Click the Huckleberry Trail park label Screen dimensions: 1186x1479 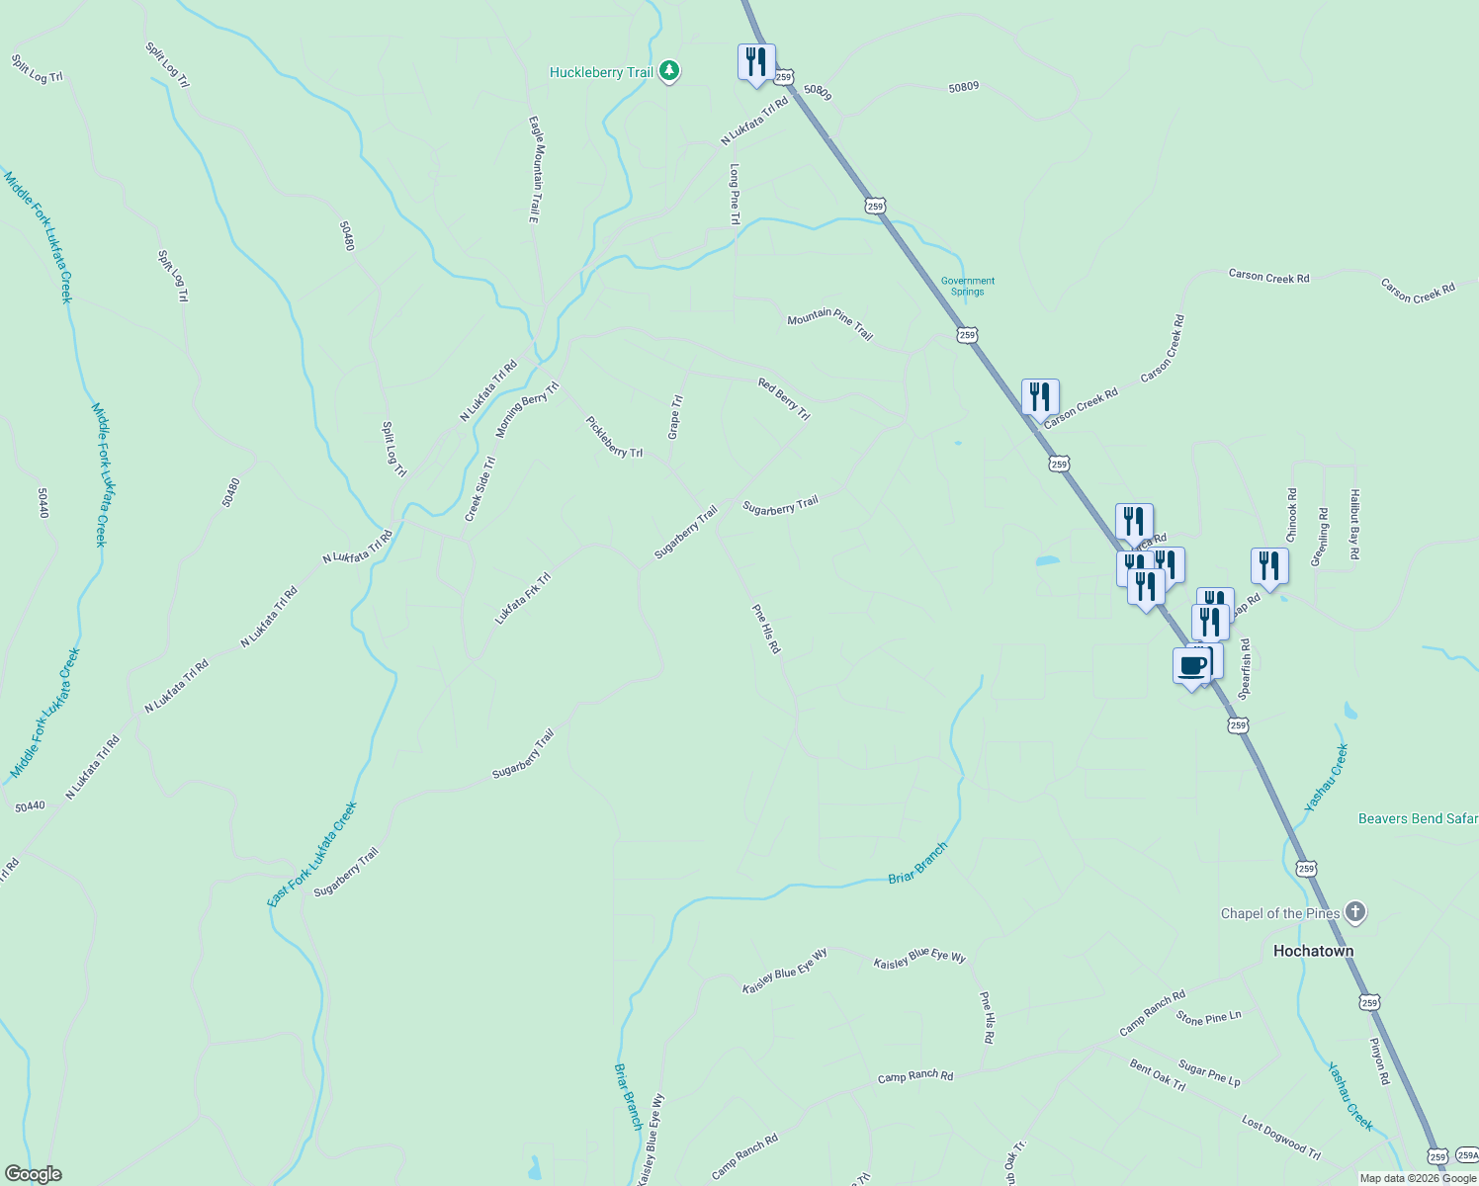601,72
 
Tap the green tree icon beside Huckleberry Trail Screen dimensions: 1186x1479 670,70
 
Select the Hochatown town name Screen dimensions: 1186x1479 1313,951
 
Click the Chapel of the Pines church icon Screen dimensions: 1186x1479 1355,912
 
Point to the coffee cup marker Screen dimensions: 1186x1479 1192,666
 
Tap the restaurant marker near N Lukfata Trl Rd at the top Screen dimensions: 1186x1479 756,62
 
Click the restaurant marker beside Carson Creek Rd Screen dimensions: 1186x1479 1040,397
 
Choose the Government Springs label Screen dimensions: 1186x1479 968,287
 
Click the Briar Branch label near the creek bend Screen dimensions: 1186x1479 917,863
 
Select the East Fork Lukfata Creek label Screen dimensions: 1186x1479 312,855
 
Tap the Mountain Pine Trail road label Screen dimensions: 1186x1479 830,324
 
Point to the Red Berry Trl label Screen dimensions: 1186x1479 784,399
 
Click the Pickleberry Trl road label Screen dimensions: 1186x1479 614,437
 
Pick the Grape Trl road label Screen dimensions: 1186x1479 675,417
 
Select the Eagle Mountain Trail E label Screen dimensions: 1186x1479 534,169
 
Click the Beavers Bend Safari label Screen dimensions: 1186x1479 1418,818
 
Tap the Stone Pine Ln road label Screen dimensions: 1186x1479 1208,1018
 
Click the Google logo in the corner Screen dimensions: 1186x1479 33,1174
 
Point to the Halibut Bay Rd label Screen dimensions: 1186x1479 1355,525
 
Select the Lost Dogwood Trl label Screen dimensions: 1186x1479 1281,1138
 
